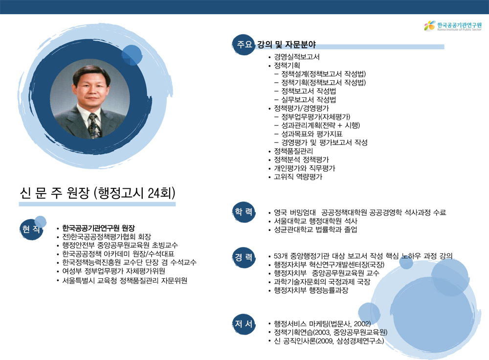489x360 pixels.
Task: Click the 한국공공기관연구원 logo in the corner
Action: tap(453, 26)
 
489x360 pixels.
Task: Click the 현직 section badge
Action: tap(31, 229)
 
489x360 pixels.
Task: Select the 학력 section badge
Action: tap(244, 212)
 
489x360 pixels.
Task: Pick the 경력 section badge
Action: tap(244, 257)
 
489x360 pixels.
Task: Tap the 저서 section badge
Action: tap(244, 324)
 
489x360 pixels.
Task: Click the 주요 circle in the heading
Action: tap(244, 45)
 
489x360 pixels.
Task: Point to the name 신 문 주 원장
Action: tap(55, 193)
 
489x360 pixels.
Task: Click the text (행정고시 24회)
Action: tap(134, 193)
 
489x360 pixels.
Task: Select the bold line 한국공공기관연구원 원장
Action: tap(99, 228)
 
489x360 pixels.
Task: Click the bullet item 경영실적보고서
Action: tap(297, 57)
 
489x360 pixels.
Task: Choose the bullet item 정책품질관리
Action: tap(293, 151)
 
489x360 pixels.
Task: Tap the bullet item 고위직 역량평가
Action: tap(298, 177)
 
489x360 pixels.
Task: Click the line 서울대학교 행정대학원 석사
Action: tap(315, 221)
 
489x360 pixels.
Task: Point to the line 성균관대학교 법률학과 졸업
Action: tap(315, 229)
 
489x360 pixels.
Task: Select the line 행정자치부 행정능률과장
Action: tap(311, 290)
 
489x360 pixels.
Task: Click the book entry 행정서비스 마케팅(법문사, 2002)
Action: tap(322, 323)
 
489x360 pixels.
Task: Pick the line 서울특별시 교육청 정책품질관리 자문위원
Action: tap(125, 280)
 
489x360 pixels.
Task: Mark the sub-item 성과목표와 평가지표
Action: tap(312, 134)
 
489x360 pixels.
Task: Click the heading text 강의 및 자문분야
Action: tap(286, 45)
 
